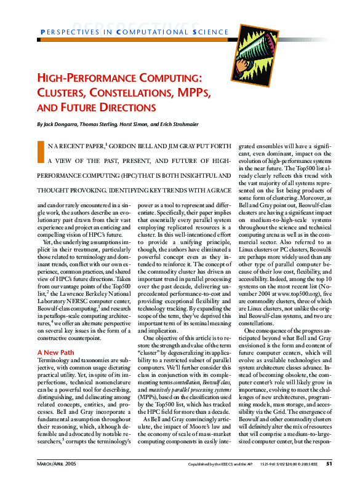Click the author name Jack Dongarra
tap(60, 124)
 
